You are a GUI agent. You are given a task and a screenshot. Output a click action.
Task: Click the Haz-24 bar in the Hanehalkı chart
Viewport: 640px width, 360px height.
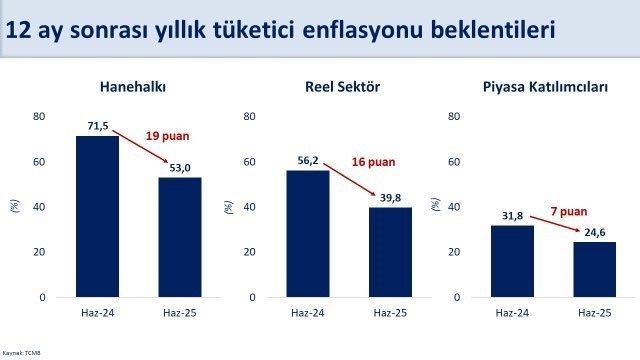coord(97,216)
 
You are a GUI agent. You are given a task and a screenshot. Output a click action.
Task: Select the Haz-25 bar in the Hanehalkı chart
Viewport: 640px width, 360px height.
coord(180,237)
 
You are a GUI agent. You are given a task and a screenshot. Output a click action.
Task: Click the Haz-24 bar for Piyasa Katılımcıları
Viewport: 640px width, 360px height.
coord(512,261)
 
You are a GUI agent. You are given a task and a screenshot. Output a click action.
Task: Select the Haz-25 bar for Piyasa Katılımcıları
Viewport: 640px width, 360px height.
coord(594,269)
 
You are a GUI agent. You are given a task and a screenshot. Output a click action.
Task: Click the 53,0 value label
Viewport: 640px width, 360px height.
coord(180,169)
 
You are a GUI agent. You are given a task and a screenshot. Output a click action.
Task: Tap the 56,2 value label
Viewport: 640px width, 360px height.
coord(307,162)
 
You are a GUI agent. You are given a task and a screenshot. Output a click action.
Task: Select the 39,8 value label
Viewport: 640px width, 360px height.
coord(390,198)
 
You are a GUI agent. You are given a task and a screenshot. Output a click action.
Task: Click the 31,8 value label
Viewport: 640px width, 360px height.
coord(512,217)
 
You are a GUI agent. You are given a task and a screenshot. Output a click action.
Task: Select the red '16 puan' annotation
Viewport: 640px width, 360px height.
coord(373,161)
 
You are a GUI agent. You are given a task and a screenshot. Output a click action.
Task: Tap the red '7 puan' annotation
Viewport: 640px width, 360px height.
coord(568,211)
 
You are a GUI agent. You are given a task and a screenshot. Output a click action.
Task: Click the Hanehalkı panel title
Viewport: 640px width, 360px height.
coord(133,87)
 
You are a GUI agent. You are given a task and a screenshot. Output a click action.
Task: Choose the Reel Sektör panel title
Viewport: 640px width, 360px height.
coord(346,87)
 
